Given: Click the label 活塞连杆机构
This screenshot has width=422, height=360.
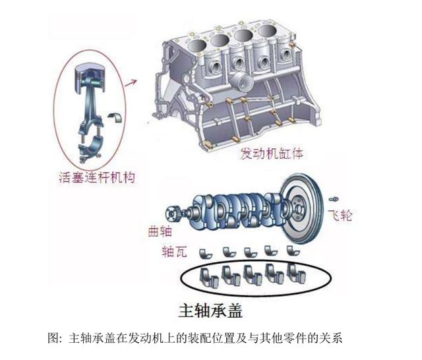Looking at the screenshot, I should pyautogui.click(x=96, y=177).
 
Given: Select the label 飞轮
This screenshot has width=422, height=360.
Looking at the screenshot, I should pyautogui.click(x=340, y=216).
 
